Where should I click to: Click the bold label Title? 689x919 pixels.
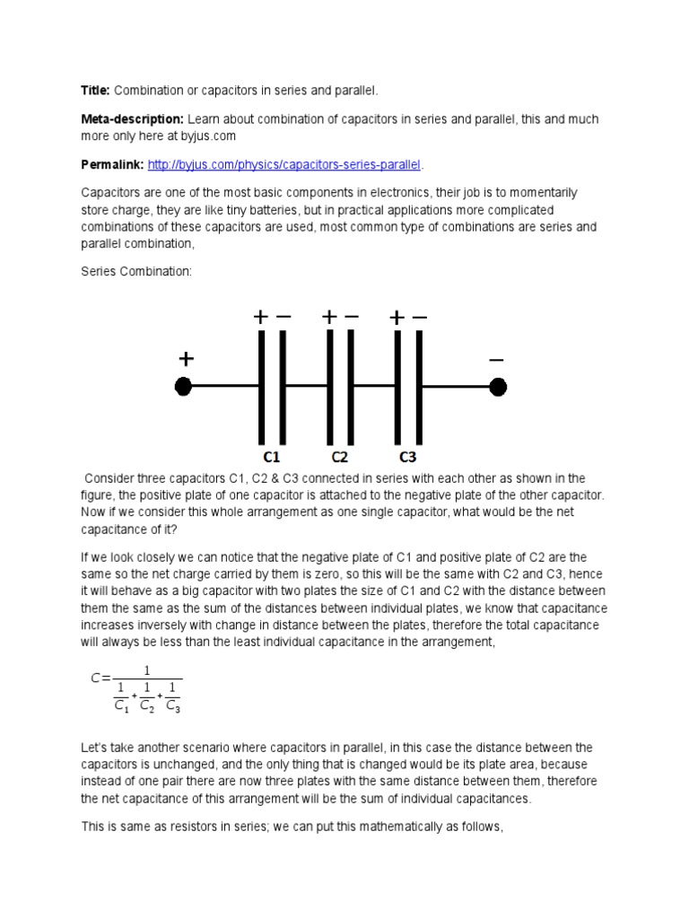95,91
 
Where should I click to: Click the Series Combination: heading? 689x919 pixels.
136,270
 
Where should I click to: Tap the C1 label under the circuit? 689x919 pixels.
273,455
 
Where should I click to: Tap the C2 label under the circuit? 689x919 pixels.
339,455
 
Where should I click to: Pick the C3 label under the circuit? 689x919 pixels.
408,455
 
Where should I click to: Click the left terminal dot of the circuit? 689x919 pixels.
183,387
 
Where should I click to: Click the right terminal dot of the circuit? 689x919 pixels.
497,387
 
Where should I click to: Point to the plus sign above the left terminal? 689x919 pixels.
186,359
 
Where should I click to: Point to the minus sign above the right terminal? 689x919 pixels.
496,359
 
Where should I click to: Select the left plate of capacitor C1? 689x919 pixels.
262,386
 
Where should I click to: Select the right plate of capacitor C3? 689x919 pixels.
419,386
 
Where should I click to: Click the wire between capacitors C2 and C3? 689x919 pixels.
375,386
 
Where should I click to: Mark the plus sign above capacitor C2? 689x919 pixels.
329,317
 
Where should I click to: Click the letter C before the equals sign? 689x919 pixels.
95,678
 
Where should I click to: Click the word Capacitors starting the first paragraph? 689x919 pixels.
109,193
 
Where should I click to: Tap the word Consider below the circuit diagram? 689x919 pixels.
110,478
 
